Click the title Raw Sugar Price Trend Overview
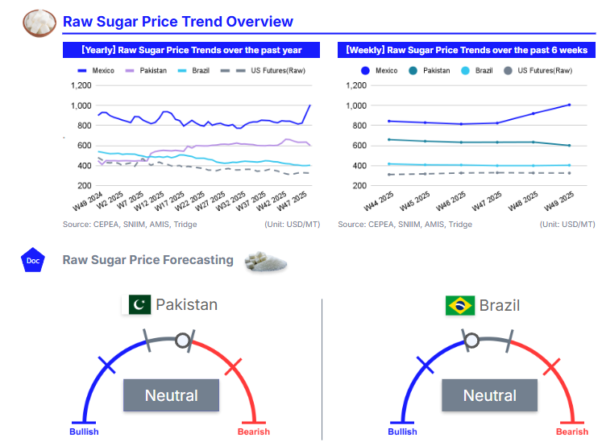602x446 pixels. pos(178,22)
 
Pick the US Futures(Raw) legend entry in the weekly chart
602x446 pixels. pos(538,71)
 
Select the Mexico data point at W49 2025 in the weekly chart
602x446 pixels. pos(569,105)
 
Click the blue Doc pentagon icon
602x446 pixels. pos(33,260)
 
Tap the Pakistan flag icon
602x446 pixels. pos(139,305)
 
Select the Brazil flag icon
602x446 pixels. pos(460,305)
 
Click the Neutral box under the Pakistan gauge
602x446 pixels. pos(171,395)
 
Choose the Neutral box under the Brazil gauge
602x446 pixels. pos(489,395)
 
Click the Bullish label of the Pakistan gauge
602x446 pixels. pos(84,432)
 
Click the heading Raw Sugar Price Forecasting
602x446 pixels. pos(148,260)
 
